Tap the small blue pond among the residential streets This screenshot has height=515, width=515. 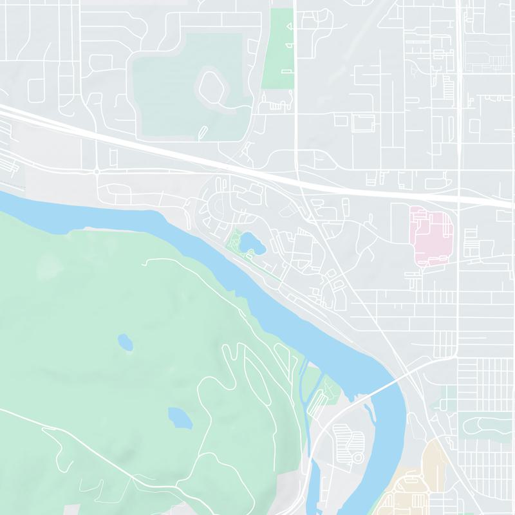pyautogui.click(x=250, y=243)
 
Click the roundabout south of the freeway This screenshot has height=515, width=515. pyautogui.click(x=97, y=171)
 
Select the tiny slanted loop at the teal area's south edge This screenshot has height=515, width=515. pyautogui.click(x=203, y=133)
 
